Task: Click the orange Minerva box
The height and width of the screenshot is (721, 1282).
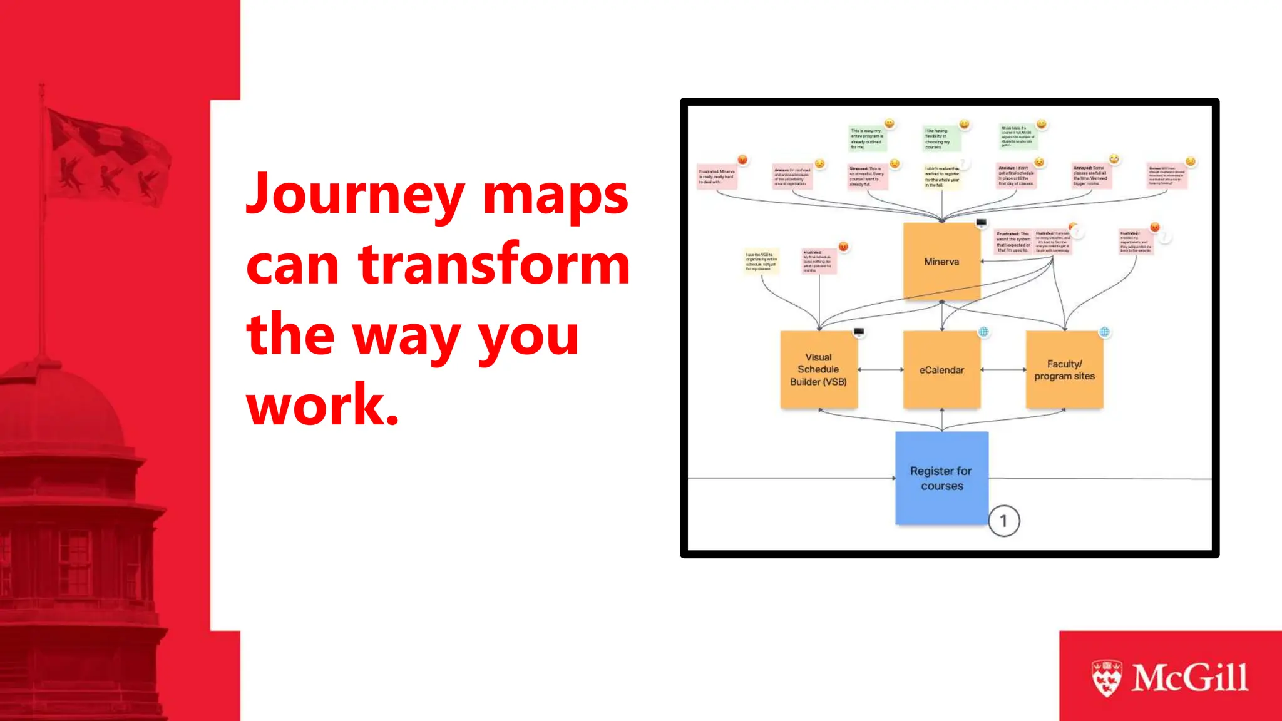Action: coord(941,262)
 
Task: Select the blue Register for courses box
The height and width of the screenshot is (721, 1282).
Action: coord(941,478)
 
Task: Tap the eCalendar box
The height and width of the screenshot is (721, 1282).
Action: coord(941,370)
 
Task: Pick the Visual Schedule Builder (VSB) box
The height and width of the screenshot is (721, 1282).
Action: coord(818,370)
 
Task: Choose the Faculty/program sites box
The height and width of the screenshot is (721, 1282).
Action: coord(1064,370)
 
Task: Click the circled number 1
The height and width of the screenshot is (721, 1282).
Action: coord(1004,521)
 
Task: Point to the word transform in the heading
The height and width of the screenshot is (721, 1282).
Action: coord(494,265)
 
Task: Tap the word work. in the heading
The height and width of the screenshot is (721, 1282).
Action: coord(322,406)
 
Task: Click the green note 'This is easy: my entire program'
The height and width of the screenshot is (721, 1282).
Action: coord(866,139)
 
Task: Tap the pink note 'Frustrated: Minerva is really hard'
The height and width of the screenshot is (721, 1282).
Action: coord(717,177)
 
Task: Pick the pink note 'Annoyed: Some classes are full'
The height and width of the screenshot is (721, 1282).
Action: coord(1090,176)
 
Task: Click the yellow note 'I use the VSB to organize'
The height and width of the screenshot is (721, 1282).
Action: coord(761,262)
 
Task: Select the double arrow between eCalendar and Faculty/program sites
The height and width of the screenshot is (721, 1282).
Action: coord(1003,370)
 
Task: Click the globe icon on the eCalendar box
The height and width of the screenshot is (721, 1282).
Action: coord(983,332)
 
